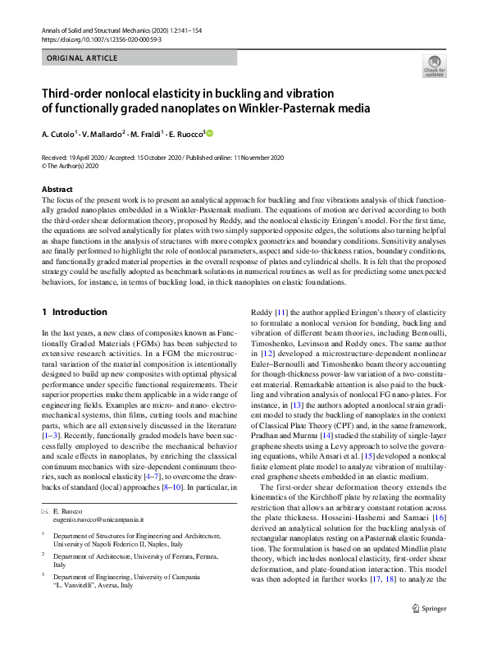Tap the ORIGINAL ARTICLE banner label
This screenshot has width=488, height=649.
82,60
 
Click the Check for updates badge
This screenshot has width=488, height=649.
433,66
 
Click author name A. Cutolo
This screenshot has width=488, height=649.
59,134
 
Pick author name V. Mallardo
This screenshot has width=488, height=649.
102,134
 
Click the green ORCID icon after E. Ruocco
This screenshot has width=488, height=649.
208,134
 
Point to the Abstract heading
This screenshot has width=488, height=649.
57,190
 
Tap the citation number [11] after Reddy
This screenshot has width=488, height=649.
280,313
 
